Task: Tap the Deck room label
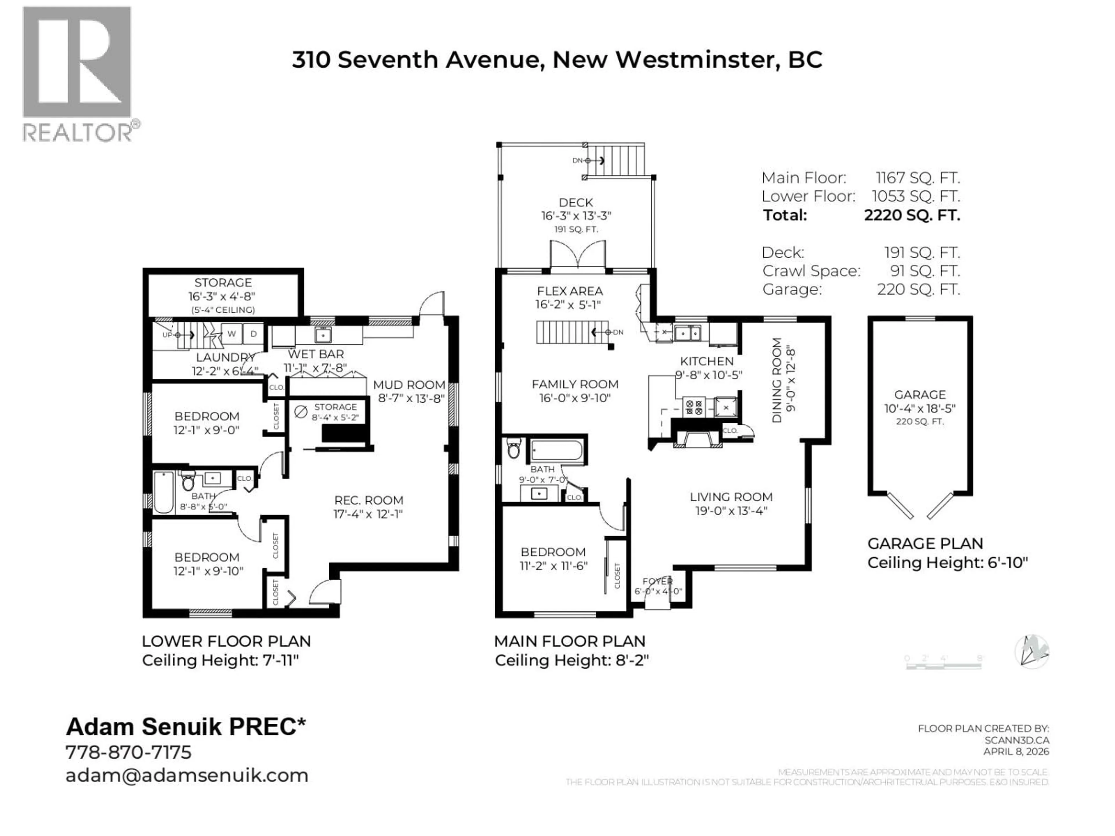pyautogui.click(x=576, y=203)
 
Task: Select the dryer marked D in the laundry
pyautogui.click(x=253, y=334)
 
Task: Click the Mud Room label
pyautogui.click(x=409, y=385)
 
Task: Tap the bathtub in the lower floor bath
pyautogui.click(x=163, y=492)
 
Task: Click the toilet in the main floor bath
pyautogui.click(x=514, y=448)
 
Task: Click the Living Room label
pyautogui.click(x=731, y=497)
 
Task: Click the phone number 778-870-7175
pyautogui.click(x=129, y=752)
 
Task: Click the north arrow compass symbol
pyautogui.click(x=1031, y=652)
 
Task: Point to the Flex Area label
pyautogui.click(x=570, y=291)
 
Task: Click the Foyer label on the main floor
pyautogui.click(x=657, y=581)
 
